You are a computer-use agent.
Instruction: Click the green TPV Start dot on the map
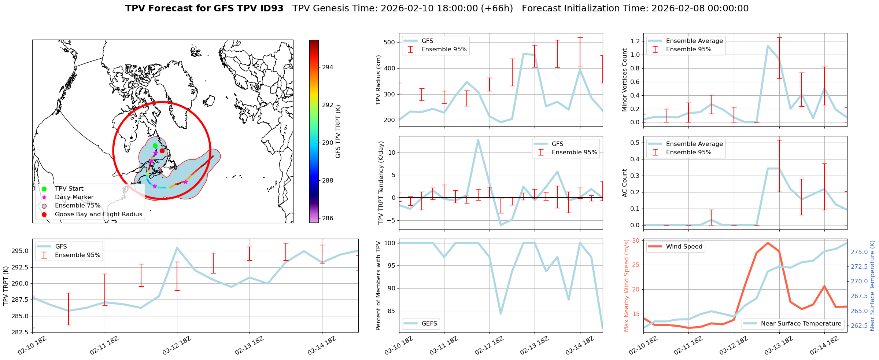click(155, 146)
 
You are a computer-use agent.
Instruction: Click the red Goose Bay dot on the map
click(162, 151)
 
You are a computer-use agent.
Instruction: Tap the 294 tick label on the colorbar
click(328, 67)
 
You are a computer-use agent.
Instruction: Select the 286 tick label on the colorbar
click(328, 218)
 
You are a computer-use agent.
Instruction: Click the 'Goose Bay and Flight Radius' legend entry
click(98, 214)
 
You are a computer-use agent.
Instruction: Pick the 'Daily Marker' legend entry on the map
click(74, 197)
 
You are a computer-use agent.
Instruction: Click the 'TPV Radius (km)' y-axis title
click(378, 80)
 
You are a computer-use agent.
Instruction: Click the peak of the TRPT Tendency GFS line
click(478, 140)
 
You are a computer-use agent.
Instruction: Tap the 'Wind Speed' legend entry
click(684, 247)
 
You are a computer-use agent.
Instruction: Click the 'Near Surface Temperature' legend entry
click(801, 324)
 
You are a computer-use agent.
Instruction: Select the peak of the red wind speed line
click(768, 243)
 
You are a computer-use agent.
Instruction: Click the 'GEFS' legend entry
click(429, 324)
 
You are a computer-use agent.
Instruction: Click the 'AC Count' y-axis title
click(625, 183)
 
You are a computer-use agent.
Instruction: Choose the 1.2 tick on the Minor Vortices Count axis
click(635, 41)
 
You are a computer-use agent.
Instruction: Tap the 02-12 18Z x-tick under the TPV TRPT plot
click(176, 345)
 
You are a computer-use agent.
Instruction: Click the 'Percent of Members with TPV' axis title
click(378, 286)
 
